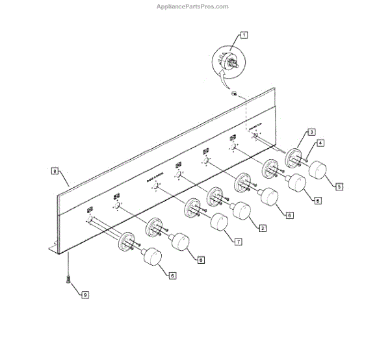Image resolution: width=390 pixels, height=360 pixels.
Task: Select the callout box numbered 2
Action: point(262,227)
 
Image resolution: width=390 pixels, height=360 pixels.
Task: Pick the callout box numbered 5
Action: point(339,186)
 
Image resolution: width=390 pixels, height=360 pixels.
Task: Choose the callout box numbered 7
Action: point(239,241)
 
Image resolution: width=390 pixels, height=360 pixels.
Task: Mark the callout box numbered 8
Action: point(55,172)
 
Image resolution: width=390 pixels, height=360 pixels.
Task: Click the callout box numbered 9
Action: point(85,294)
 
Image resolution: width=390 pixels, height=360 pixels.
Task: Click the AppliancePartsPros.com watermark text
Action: point(193,6)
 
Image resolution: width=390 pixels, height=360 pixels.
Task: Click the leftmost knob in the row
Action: point(151,258)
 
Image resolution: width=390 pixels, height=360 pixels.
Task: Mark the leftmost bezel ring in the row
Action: point(126,245)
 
